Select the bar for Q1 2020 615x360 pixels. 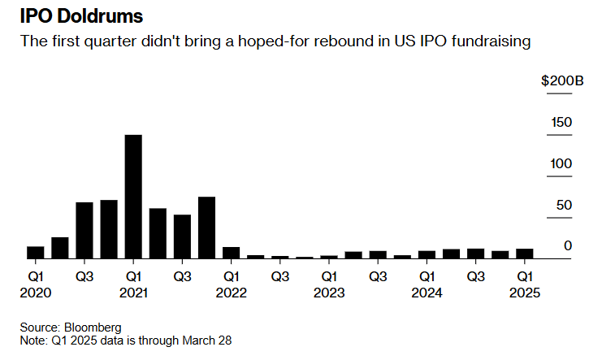(36, 252)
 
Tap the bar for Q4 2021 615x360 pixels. (206, 228)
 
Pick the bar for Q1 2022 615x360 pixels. (231, 253)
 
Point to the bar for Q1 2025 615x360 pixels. (524, 254)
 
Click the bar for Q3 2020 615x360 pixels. (84, 230)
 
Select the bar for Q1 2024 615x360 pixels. (427, 254)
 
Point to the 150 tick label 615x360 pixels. (561, 123)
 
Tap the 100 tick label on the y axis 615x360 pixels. (561, 164)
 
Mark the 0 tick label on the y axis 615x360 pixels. (569, 246)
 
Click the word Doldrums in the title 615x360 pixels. (102, 16)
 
